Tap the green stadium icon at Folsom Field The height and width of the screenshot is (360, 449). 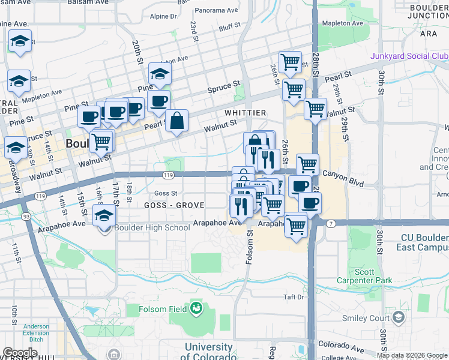click(195, 309)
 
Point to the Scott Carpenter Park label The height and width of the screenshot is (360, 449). click(373, 276)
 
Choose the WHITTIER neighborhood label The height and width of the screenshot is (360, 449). click(245, 112)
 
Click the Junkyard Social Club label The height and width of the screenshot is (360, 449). click(410, 56)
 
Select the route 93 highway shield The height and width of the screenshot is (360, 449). click(26, 216)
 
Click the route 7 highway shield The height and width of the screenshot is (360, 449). click(331, 223)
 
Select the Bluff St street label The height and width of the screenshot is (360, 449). click(229, 27)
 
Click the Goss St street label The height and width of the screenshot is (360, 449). click(166, 193)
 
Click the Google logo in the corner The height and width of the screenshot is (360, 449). click(20, 353)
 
